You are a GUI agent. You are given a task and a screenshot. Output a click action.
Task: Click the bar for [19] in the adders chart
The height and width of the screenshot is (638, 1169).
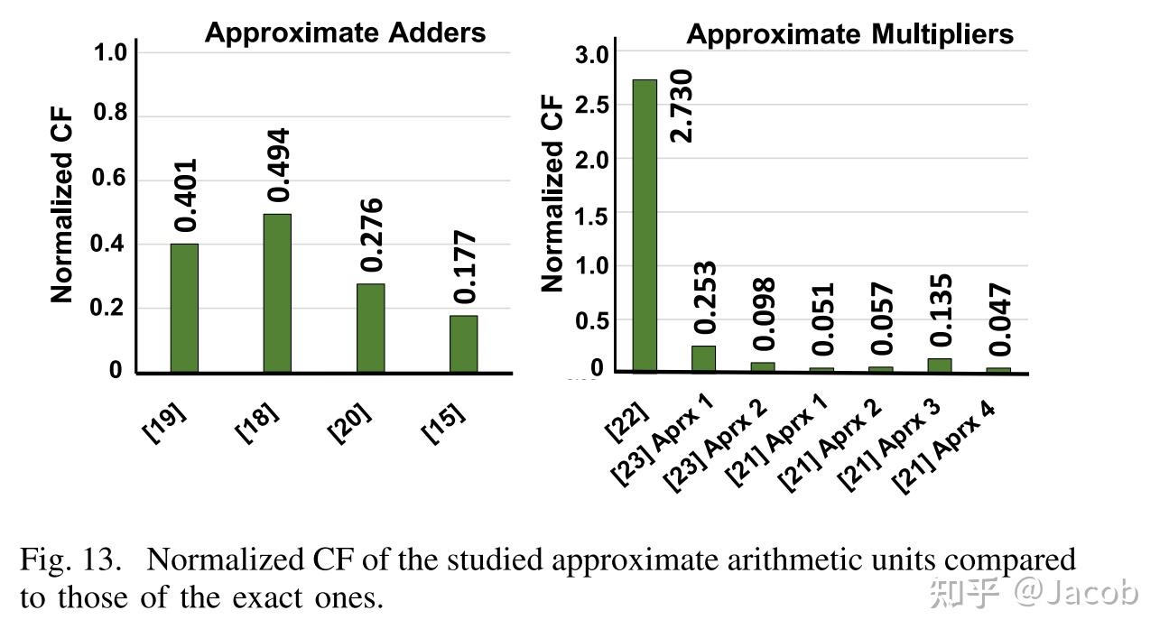tap(183, 308)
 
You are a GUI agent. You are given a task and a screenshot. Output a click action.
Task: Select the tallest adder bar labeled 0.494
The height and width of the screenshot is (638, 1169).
tap(277, 293)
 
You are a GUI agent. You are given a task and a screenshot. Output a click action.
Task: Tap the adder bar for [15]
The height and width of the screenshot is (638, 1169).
tap(463, 344)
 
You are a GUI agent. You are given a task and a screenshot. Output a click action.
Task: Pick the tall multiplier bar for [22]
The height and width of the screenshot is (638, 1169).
tap(644, 225)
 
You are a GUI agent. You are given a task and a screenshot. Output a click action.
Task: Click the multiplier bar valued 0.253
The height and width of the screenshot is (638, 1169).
tap(703, 358)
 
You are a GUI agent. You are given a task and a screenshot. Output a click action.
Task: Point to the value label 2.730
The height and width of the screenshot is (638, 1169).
tap(682, 105)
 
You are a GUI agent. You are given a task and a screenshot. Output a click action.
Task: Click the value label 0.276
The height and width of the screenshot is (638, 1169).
tap(370, 235)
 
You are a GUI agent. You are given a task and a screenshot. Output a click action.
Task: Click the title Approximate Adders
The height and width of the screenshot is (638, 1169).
tap(345, 33)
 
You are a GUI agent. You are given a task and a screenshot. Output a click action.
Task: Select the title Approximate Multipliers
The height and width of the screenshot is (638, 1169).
tap(849, 34)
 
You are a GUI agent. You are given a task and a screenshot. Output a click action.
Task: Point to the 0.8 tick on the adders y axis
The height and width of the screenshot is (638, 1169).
tap(110, 115)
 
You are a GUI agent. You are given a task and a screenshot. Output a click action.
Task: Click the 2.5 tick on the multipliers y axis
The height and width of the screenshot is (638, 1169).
tap(593, 106)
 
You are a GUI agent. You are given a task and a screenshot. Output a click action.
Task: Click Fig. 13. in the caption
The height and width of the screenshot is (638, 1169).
tap(70, 560)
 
